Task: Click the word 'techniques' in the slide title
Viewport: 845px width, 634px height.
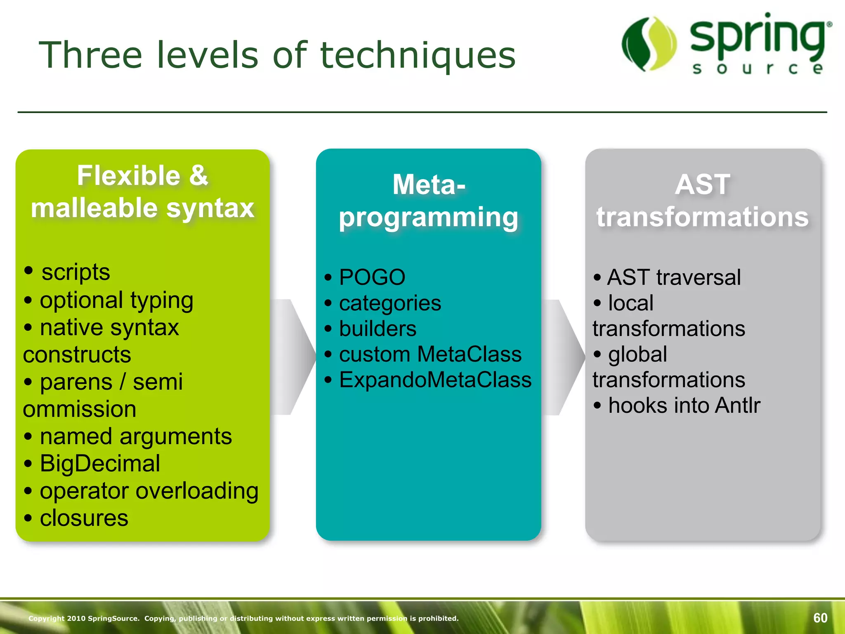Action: click(418, 56)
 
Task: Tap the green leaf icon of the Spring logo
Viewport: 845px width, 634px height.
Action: click(649, 44)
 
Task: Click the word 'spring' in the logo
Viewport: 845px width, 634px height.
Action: click(758, 37)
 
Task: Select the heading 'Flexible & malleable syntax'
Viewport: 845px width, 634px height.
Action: click(142, 192)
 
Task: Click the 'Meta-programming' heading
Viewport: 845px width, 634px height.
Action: click(428, 201)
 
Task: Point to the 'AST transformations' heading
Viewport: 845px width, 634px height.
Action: click(702, 201)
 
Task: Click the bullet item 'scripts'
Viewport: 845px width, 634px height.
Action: click(76, 272)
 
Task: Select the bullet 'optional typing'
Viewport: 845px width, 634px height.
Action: click(116, 300)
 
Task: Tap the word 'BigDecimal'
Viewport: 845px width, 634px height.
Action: click(100, 463)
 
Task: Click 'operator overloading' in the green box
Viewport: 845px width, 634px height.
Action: click(149, 491)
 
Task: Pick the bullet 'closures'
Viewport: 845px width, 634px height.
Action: click(84, 518)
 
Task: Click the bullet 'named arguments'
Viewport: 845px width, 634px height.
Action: click(135, 436)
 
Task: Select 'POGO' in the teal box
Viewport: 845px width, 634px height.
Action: click(372, 277)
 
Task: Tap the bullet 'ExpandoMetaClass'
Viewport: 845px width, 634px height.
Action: click(435, 380)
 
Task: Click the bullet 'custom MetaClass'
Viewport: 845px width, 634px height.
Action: click(430, 354)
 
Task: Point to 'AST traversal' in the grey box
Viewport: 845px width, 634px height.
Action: click(673, 277)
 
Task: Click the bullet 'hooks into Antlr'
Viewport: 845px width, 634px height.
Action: click(684, 405)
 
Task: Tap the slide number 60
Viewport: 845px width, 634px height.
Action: click(820, 617)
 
